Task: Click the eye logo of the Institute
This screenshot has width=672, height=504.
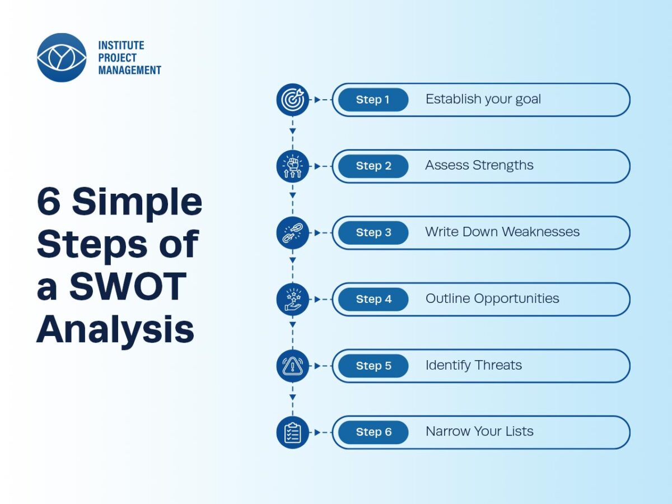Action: [62, 58]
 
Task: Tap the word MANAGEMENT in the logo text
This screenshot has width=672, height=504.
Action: [129, 70]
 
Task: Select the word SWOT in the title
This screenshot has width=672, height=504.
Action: [128, 286]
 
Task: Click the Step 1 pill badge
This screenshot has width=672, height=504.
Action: [373, 100]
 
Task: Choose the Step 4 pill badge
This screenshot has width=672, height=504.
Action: [373, 299]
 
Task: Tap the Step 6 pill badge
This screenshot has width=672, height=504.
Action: [373, 432]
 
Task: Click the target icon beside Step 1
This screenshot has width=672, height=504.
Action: [293, 100]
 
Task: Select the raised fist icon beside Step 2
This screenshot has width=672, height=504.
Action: [293, 166]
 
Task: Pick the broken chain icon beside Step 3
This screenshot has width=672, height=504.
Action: [293, 233]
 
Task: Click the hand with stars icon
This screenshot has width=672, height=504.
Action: [293, 299]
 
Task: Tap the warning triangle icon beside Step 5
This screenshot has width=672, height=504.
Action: [293, 366]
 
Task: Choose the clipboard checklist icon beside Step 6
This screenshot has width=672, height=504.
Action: [293, 432]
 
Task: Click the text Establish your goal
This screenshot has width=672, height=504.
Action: [483, 100]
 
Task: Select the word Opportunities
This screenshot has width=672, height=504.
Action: [516, 299]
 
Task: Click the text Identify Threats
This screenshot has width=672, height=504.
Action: [474, 365]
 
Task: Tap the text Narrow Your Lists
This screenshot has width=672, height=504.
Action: [479, 431]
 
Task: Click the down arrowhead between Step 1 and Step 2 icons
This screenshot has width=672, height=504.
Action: [293, 131]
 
